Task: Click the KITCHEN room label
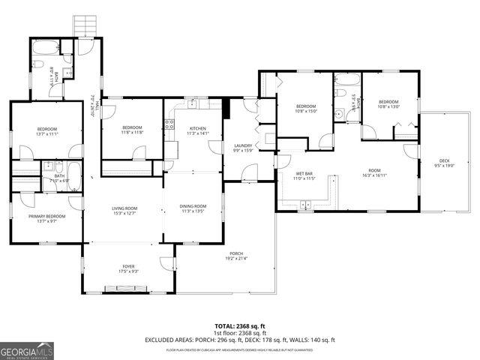(198, 128)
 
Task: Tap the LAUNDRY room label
(242, 145)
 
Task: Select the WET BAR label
(304, 173)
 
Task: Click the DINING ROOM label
(193, 206)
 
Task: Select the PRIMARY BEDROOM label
(47, 216)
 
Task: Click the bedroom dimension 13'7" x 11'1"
(46, 133)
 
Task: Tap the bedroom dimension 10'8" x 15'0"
(306, 111)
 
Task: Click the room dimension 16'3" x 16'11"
(373, 175)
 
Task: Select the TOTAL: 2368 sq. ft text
(240, 326)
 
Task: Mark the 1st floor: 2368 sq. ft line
(240, 334)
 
